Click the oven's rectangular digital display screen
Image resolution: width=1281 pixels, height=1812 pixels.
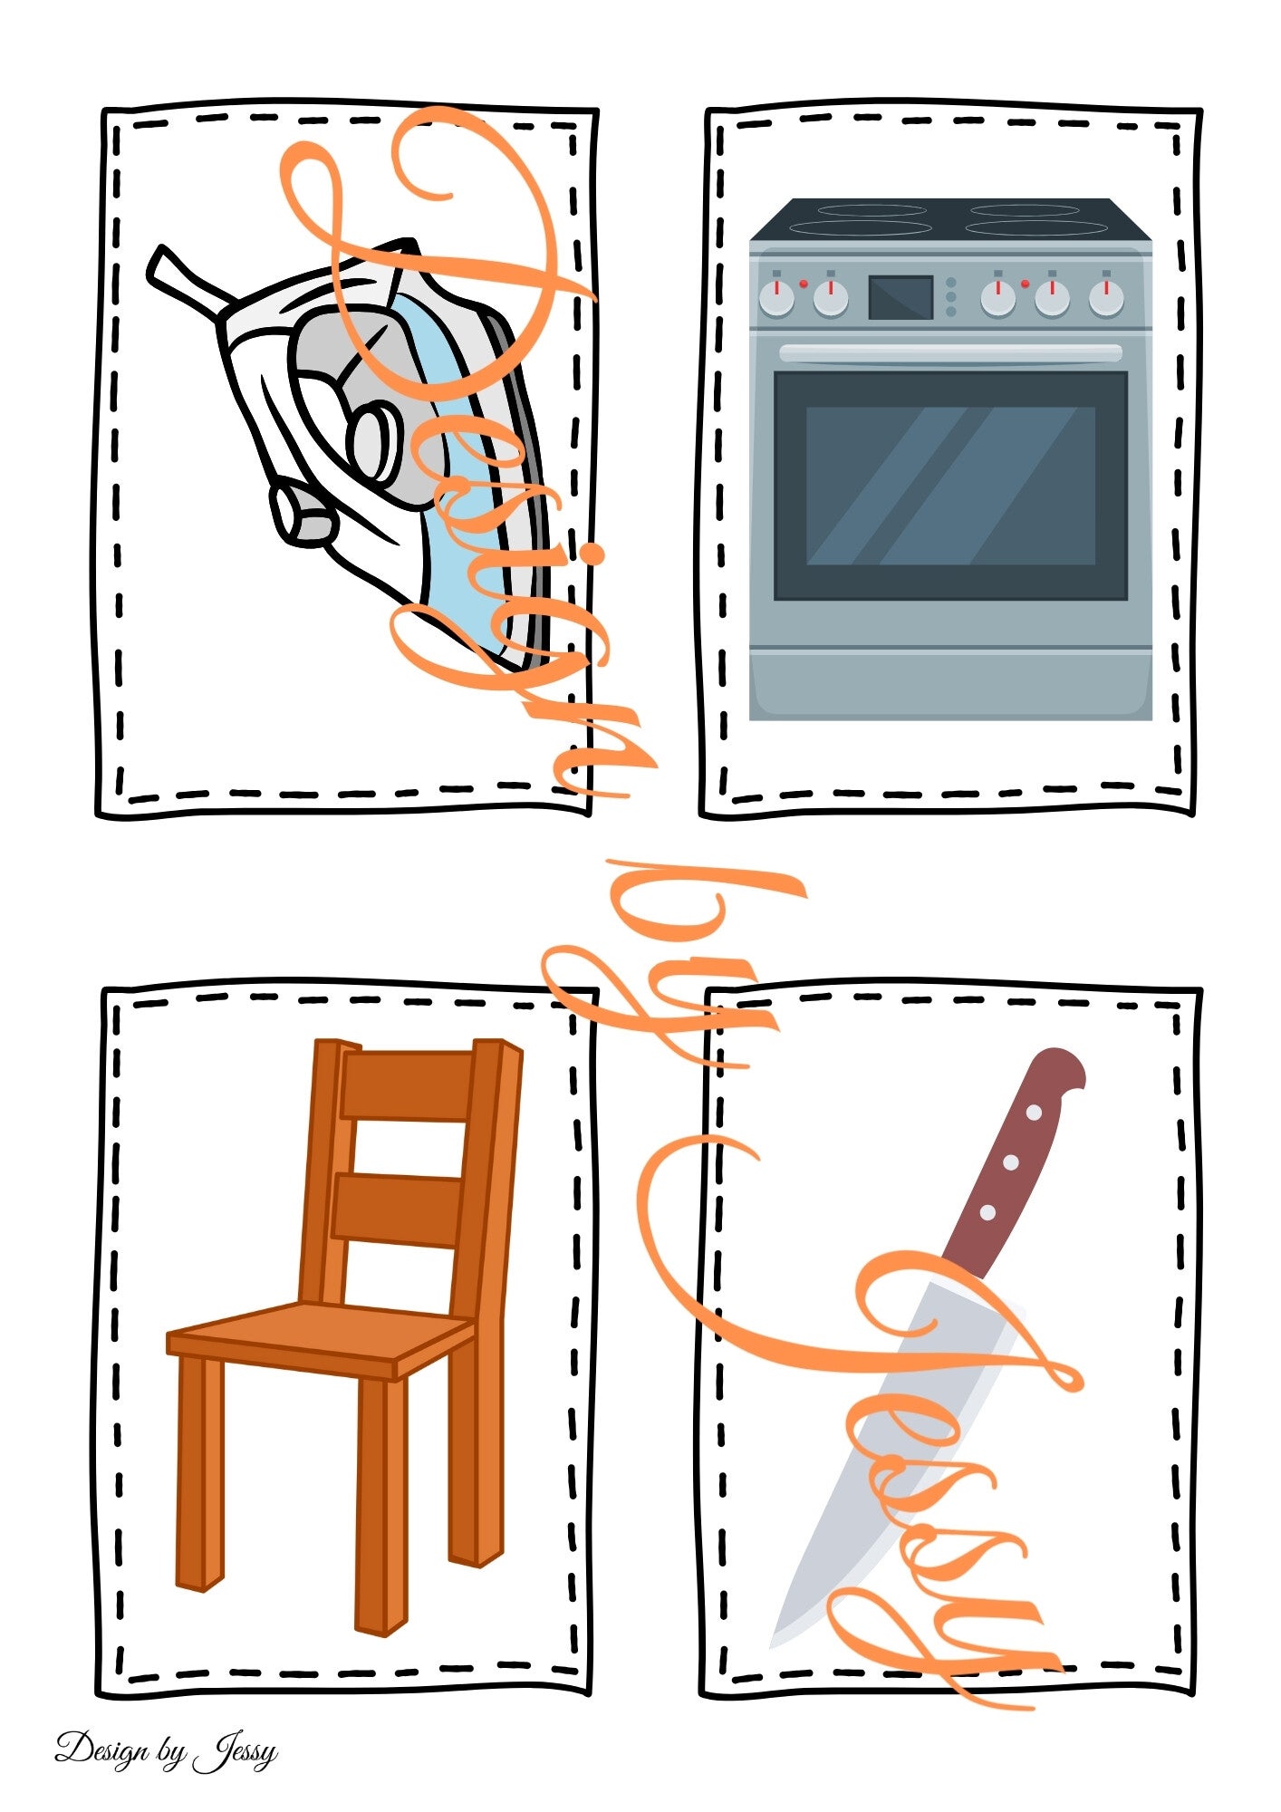(x=901, y=297)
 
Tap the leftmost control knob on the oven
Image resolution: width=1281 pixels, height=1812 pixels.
(x=776, y=296)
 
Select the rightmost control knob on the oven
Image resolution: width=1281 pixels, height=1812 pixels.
(x=1105, y=296)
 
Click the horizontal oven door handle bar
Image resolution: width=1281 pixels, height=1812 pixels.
(x=950, y=353)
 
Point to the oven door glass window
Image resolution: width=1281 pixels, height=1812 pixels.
(x=950, y=486)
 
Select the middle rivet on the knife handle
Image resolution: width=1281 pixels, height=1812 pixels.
(x=1011, y=1161)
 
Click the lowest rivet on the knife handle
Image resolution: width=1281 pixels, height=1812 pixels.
(x=988, y=1211)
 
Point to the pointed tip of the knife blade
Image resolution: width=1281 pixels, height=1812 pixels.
(x=773, y=1644)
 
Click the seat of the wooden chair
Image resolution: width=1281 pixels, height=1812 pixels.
(x=322, y=1339)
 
